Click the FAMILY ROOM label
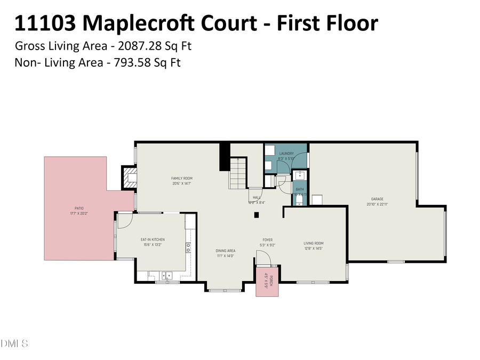[181, 178]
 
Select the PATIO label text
[79, 208]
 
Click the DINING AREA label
[225, 250]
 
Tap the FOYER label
[267, 239]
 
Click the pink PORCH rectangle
[265, 283]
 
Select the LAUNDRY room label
[286, 154]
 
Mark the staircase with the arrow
[238, 173]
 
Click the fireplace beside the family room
[129, 178]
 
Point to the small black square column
[257, 215]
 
